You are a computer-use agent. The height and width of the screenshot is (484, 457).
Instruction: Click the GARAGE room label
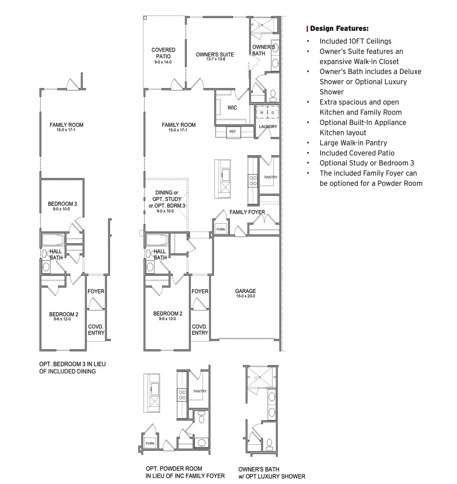coord(245,291)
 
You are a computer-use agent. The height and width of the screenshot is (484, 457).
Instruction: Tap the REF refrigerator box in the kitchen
coord(232,131)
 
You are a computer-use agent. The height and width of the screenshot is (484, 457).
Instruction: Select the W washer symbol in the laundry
coord(262,113)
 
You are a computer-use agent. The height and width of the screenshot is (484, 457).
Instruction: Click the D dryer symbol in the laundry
coord(273,113)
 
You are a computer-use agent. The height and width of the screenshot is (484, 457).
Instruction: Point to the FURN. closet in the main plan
coord(221,229)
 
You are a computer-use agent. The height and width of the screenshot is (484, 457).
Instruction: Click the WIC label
coord(232,108)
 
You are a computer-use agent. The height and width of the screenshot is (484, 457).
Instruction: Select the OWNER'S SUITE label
coord(215,54)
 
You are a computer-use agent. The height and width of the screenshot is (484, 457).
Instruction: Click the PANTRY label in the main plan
coord(271,177)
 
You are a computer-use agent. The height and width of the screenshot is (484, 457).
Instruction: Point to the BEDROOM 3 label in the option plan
coord(62,204)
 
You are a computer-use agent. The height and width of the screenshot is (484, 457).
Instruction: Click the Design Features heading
coord(339,29)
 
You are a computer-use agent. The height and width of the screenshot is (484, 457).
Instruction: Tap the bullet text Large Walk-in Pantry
coord(353,143)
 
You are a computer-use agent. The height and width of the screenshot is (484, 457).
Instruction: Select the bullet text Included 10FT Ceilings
coord(355,41)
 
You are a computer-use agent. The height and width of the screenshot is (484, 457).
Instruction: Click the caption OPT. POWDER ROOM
coord(174,469)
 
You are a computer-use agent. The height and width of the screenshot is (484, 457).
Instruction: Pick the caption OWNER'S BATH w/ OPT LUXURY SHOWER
coord(272,473)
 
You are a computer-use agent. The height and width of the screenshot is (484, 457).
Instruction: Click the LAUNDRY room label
coord(268,127)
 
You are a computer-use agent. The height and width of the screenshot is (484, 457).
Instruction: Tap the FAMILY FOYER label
coord(247,212)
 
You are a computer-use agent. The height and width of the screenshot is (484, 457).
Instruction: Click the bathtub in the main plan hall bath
coord(157,240)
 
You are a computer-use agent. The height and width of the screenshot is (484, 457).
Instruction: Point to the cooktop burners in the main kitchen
coord(252,180)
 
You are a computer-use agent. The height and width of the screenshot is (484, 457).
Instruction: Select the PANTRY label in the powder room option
coord(200,391)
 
